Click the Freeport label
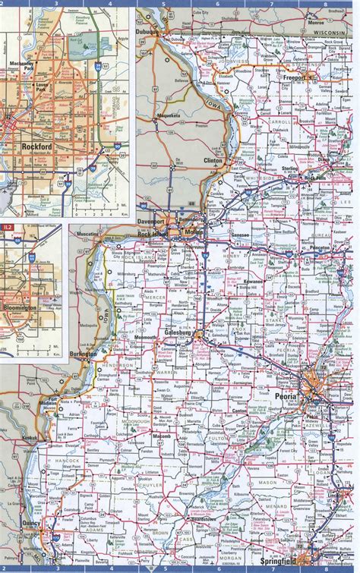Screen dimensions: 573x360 click(292, 77)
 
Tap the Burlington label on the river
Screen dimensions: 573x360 click(82, 354)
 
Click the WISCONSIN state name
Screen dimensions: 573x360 click(330, 35)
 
